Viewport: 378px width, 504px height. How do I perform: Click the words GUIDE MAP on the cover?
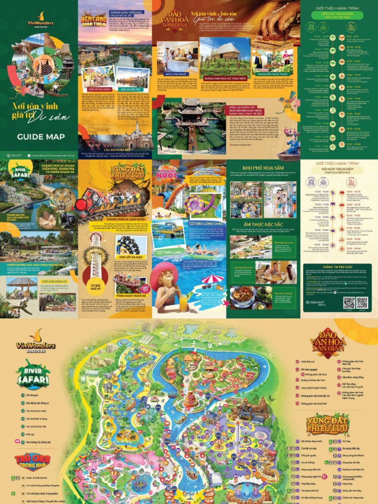40,137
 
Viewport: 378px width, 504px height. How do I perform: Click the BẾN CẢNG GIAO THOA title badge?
93,19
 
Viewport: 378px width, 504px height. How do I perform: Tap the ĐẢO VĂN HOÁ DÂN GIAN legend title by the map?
328,343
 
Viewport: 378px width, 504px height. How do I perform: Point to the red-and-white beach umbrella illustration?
213,281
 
